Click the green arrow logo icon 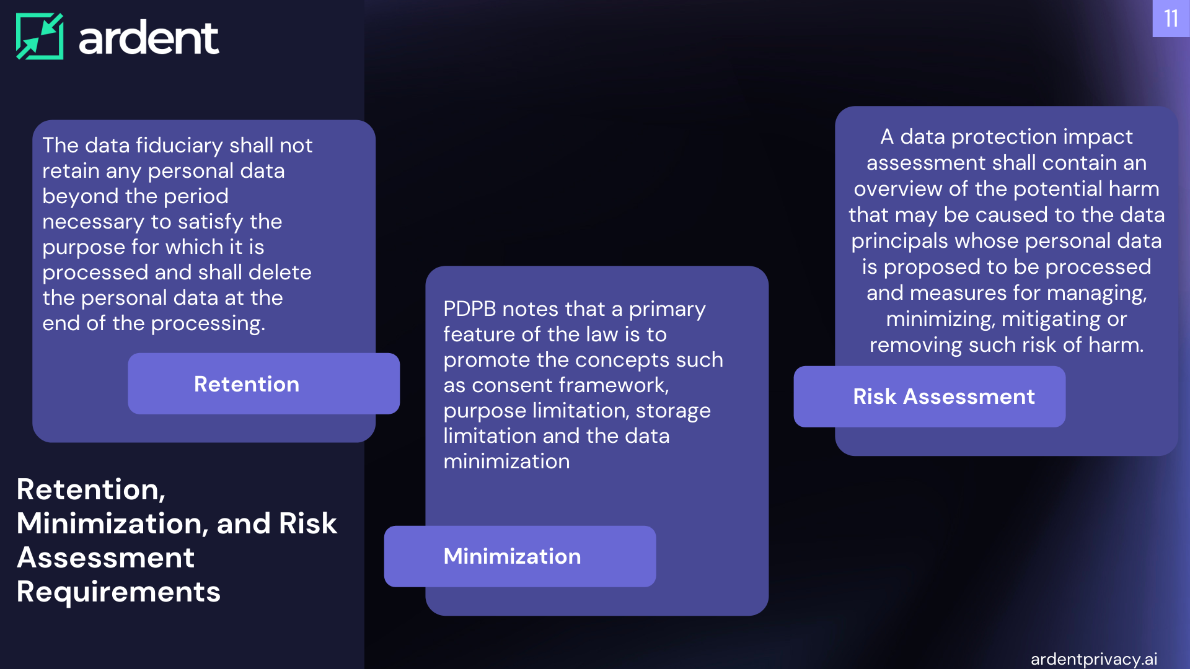click(40, 37)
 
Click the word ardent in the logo click(149, 37)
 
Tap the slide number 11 click(1171, 19)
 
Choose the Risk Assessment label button click(930, 396)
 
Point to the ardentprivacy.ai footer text click(1094, 659)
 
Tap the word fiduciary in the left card click(179, 146)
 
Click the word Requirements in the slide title click(118, 592)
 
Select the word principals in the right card click(899, 242)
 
